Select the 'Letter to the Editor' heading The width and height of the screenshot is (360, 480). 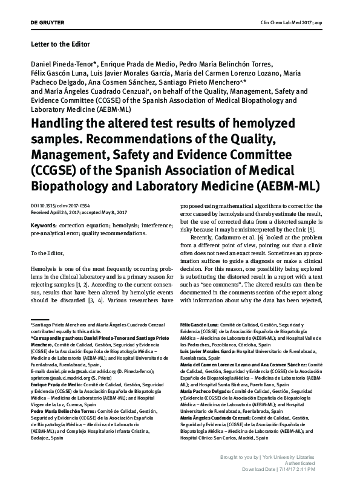coord(59,44)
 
